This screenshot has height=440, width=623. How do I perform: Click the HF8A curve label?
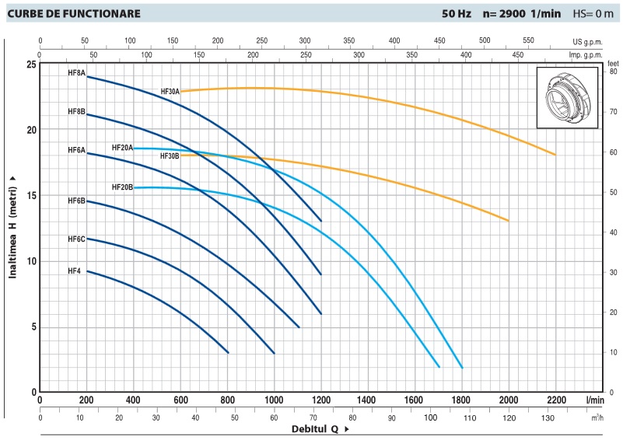[76, 73]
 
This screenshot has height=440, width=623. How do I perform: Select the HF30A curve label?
[170, 91]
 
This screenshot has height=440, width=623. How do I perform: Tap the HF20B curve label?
[122, 187]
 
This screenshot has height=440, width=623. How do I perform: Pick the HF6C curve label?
[76, 239]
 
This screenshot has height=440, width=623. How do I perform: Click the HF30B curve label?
[170, 155]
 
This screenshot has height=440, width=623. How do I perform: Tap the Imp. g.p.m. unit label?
[586, 55]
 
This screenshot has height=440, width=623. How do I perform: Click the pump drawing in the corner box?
[569, 98]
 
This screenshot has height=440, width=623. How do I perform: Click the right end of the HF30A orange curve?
[555, 155]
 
